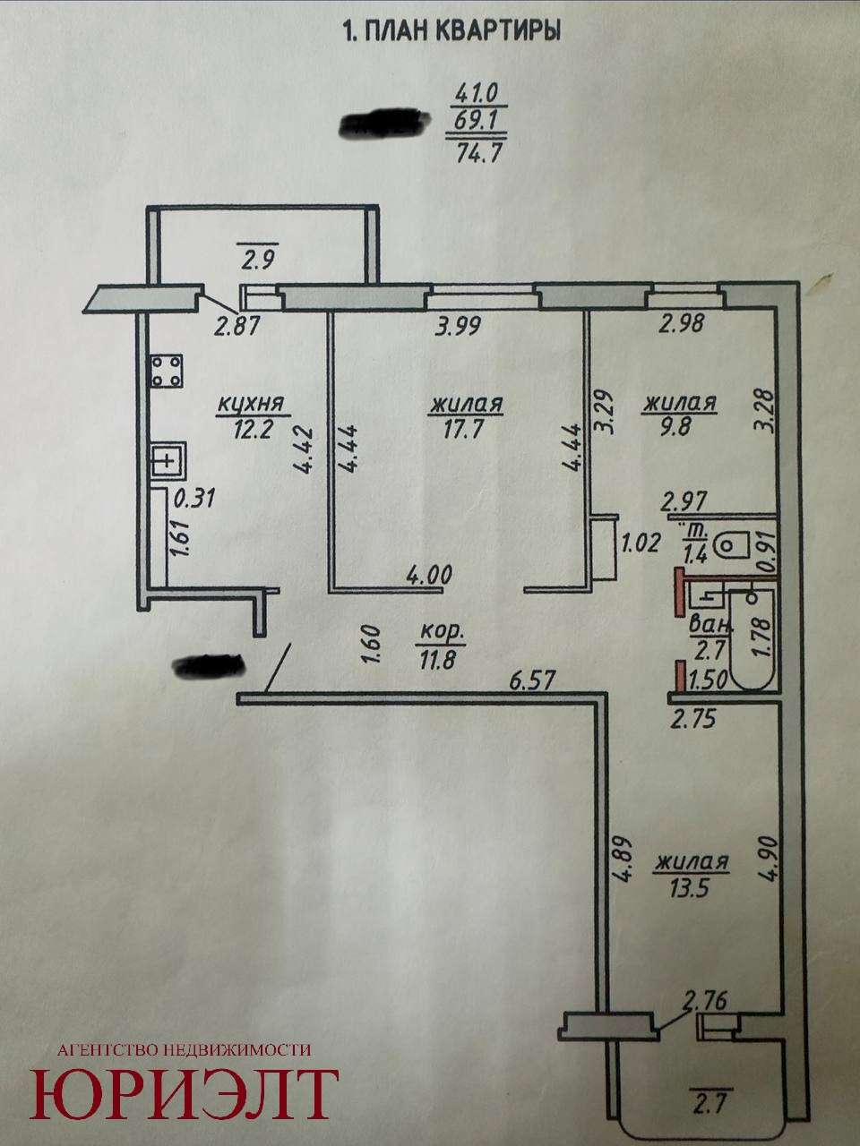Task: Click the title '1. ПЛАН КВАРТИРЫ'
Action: pos(451,32)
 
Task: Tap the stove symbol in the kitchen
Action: pos(168,372)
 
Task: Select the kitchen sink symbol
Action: pos(168,461)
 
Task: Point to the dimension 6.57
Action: pos(530,680)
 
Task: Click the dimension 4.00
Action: pos(429,576)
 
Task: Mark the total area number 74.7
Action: pos(478,154)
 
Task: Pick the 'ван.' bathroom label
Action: pos(710,625)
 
